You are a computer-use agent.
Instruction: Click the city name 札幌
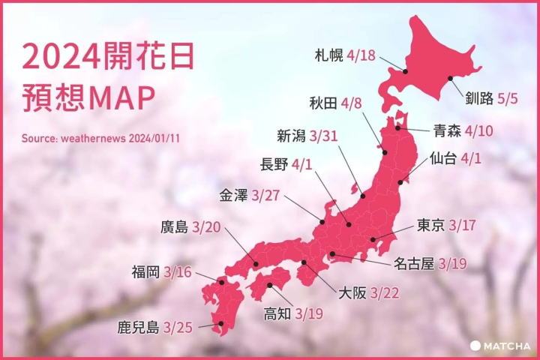click(330, 55)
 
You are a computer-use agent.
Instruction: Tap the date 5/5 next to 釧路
click(507, 98)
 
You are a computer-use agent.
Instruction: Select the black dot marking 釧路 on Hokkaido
click(450, 78)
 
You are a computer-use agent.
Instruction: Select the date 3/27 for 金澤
click(265, 195)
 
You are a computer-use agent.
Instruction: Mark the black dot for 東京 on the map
click(373, 240)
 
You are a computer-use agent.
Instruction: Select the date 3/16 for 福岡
click(178, 272)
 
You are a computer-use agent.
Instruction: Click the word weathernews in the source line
click(93, 139)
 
